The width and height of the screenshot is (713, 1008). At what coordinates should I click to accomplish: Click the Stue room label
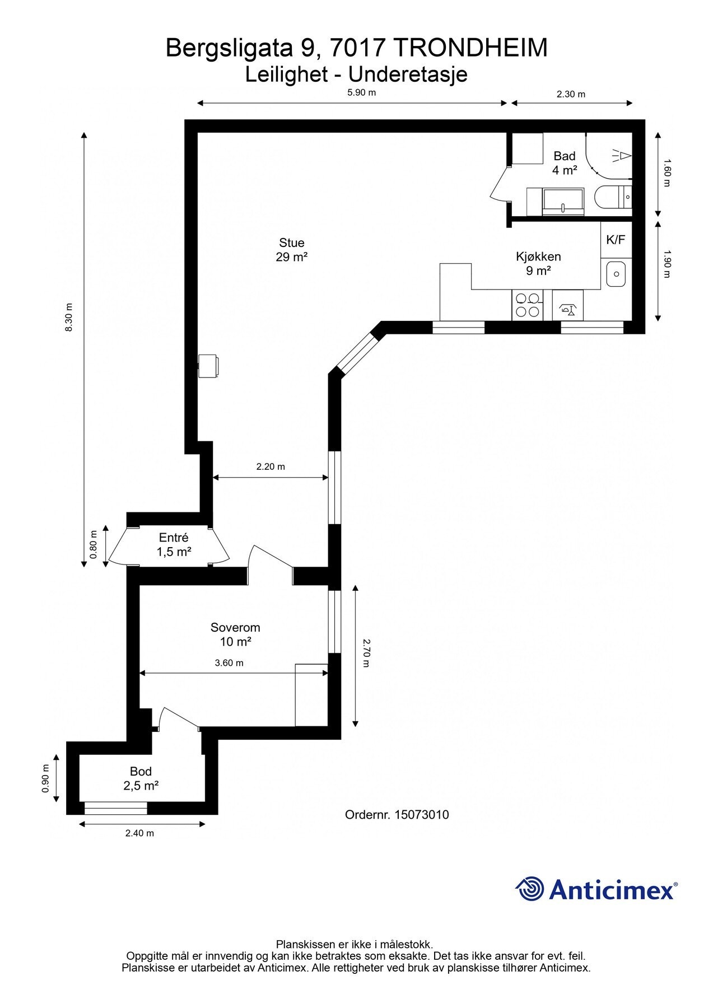[x=291, y=250]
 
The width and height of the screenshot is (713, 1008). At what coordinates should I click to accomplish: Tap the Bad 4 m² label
[x=564, y=163]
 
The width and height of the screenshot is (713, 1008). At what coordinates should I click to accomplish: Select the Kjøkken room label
[x=538, y=264]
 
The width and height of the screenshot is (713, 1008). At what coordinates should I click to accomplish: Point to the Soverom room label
[x=235, y=634]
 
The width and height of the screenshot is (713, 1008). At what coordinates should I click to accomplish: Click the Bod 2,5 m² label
[x=141, y=778]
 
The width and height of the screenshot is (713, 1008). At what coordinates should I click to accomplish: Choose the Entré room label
[x=174, y=544]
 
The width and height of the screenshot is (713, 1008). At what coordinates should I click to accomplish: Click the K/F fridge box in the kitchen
[x=616, y=240]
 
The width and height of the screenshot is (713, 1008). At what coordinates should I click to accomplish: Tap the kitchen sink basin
[x=616, y=274]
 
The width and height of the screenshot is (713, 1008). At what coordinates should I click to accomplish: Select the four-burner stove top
[x=528, y=305]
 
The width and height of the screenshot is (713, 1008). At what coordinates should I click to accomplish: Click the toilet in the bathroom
[x=613, y=197]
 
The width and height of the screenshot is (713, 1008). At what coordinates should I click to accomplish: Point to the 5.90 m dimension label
[x=361, y=92]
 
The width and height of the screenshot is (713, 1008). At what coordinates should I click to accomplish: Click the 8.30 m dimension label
[x=69, y=318]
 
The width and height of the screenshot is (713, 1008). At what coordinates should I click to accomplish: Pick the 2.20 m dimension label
[x=271, y=466]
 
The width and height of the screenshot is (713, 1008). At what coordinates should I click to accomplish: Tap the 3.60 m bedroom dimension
[x=229, y=663]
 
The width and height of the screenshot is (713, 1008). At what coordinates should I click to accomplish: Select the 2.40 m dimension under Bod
[x=139, y=833]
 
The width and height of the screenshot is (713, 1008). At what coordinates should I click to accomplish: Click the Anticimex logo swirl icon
[x=530, y=889]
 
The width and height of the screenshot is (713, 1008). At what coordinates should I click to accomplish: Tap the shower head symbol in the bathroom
[x=622, y=155]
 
